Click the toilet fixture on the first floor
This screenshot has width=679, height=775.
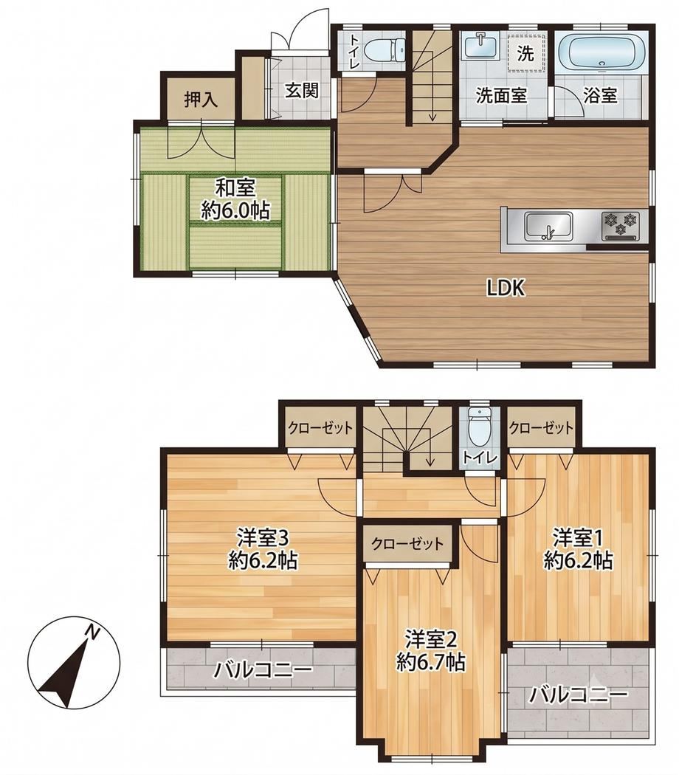(x=385, y=49)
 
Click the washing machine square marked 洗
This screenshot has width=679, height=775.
(x=526, y=52)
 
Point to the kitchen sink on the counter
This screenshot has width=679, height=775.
(x=548, y=227)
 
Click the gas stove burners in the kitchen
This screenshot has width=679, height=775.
(x=620, y=224)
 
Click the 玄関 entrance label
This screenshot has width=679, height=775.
(x=301, y=91)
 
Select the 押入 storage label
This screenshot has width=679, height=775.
(x=201, y=100)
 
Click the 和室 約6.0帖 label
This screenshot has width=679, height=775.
(x=235, y=199)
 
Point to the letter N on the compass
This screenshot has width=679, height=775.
(x=92, y=631)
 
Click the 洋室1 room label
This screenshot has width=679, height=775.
(x=578, y=548)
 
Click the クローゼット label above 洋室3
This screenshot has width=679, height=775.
(x=321, y=427)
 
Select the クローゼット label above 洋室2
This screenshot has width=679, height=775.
(x=407, y=544)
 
